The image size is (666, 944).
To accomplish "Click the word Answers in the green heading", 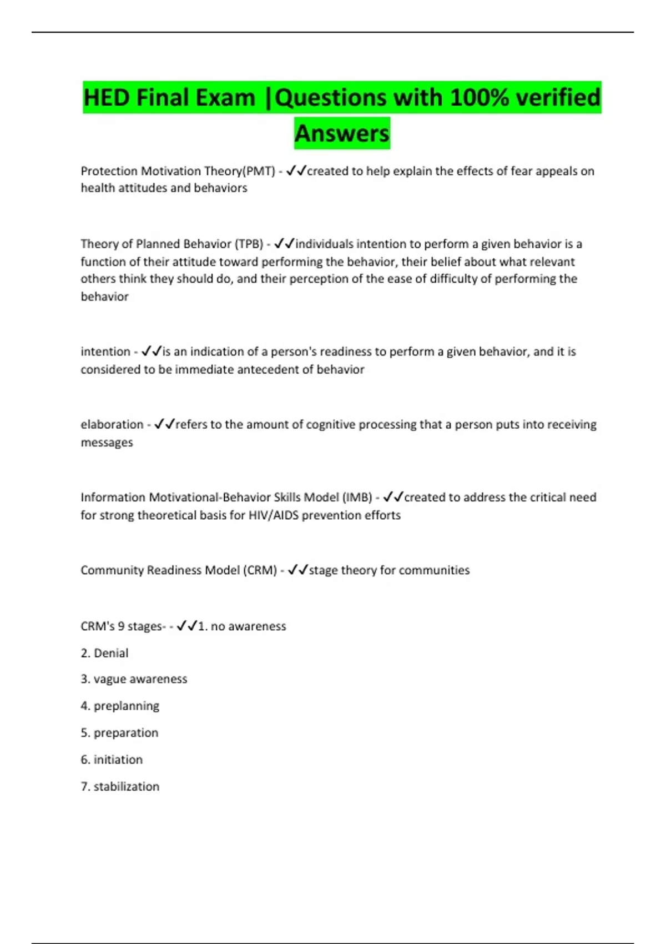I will (x=342, y=133).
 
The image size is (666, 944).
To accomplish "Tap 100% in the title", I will (x=479, y=98).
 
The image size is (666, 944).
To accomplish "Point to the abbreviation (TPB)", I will (x=248, y=244).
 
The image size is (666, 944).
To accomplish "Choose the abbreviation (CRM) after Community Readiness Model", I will (x=260, y=570).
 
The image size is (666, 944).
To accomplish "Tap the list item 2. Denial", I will (x=104, y=653).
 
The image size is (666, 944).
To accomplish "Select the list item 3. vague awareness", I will (x=134, y=679).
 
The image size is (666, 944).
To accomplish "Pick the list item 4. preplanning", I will (x=120, y=706).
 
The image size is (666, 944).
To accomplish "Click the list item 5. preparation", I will (x=119, y=733).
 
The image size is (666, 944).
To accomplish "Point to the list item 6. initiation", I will (x=112, y=760).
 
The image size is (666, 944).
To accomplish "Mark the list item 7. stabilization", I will (x=120, y=786).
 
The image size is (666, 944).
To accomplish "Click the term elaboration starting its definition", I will (x=112, y=424).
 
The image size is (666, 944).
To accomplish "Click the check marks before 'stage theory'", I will (x=298, y=570).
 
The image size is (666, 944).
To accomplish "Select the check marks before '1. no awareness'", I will (x=187, y=626).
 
